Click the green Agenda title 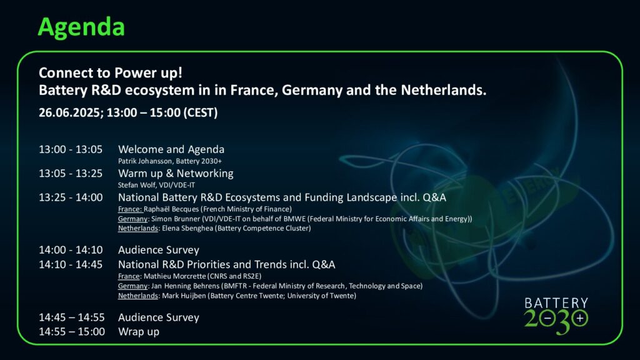click(81, 27)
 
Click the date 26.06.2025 click(71, 112)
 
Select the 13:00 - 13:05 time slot click(71, 149)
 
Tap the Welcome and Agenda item click(171, 149)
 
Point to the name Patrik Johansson click(145, 161)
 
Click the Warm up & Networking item click(176, 174)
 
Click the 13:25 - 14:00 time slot click(71, 197)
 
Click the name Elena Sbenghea click(187, 229)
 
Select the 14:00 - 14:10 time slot click(71, 250)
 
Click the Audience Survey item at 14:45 click(158, 317)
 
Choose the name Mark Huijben click(184, 296)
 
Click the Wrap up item click(138, 332)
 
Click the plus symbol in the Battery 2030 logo click(579, 318)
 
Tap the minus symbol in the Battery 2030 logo click(548, 318)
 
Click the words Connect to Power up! click(110, 73)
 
